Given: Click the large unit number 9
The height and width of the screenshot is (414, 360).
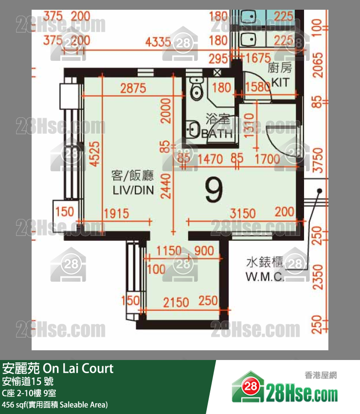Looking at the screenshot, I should pyautogui.click(x=214, y=190).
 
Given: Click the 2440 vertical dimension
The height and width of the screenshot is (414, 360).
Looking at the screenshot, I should pyautogui.click(x=167, y=187).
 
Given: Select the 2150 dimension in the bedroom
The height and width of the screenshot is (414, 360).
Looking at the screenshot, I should pyautogui.click(x=176, y=302).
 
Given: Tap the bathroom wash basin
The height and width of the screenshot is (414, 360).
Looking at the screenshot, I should pyautogui.click(x=192, y=130).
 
